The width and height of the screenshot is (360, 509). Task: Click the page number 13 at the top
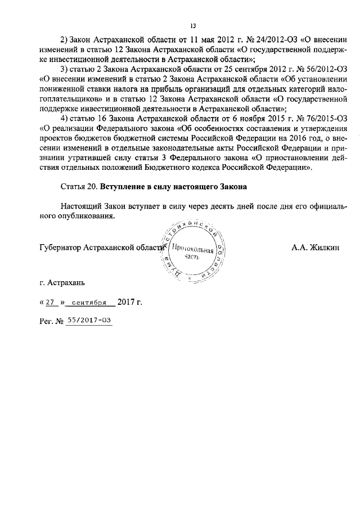[193, 25]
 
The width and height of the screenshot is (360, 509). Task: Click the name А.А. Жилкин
[316, 247]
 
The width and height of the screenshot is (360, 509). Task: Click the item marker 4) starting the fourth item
[64, 117]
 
